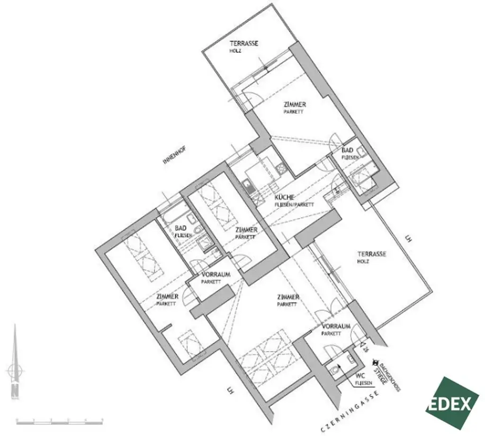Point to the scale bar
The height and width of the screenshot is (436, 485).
point(59,420)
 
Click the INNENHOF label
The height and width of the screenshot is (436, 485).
point(174,155)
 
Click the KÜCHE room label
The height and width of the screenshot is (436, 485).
point(285,197)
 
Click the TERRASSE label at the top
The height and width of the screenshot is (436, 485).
point(244,44)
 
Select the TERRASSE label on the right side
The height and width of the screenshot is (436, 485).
point(372,254)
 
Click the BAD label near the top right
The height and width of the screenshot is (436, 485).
point(347,150)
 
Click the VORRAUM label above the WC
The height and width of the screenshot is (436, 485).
point(336,327)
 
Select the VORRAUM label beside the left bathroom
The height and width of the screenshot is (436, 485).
point(216,275)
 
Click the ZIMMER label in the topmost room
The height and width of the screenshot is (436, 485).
point(295,105)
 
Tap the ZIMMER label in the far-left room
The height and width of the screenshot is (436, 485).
point(167,297)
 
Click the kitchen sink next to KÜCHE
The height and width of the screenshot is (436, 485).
point(249,186)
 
